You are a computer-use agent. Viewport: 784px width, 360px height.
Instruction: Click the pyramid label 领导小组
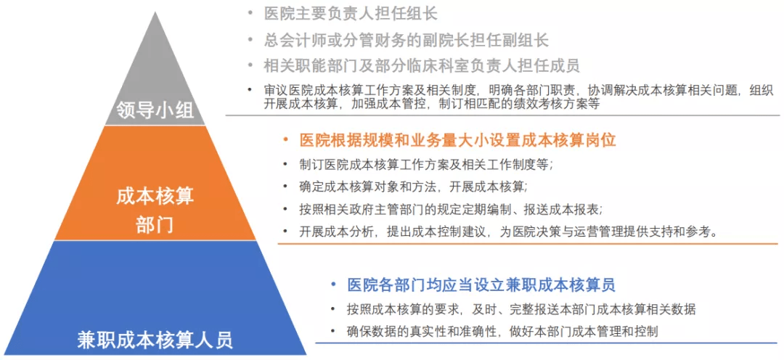(155, 110)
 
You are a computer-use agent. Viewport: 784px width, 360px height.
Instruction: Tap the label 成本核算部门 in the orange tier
(155, 210)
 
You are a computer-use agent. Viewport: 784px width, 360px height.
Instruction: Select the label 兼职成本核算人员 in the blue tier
(155, 340)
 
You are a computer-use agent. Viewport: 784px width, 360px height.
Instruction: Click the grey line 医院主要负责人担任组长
(351, 14)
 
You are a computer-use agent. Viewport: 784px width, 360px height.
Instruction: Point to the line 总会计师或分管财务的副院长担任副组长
(407, 39)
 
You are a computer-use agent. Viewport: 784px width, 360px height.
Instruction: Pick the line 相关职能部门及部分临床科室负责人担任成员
(422, 65)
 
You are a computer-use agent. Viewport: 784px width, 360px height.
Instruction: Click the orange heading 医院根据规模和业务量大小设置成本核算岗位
(457, 141)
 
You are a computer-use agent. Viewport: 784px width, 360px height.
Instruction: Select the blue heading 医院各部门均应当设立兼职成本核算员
(481, 285)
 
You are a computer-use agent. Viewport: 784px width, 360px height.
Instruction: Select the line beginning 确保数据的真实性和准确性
(502, 332)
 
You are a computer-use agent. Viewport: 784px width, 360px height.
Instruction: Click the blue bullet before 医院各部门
(333, 285)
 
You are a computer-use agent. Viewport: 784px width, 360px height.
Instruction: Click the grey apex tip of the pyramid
(155, 12)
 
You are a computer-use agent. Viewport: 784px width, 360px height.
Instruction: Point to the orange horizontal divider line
(528, 243)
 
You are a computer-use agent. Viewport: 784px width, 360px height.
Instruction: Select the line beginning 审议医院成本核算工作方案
(518, 97)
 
